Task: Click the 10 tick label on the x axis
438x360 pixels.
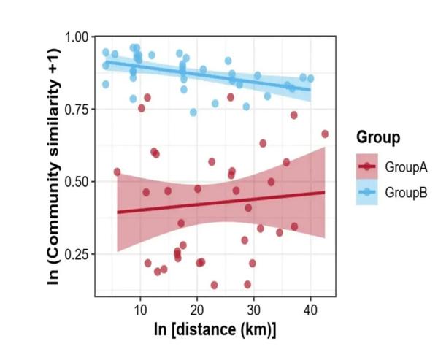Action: click(139, 310)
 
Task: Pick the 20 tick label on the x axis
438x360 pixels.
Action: click(196, 310)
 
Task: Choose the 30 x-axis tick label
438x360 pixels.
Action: click(253, 310)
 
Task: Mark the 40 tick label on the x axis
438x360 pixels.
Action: click(310, 310)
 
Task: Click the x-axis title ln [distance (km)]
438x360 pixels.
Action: click(215, 330)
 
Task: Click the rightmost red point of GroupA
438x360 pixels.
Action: click(325, 134)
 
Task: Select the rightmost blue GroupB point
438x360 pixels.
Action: click(311, 78)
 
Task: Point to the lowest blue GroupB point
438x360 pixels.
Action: click(193, 112)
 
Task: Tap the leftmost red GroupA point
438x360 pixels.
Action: click(117, 172)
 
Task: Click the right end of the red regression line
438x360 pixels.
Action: click(324, 192)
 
